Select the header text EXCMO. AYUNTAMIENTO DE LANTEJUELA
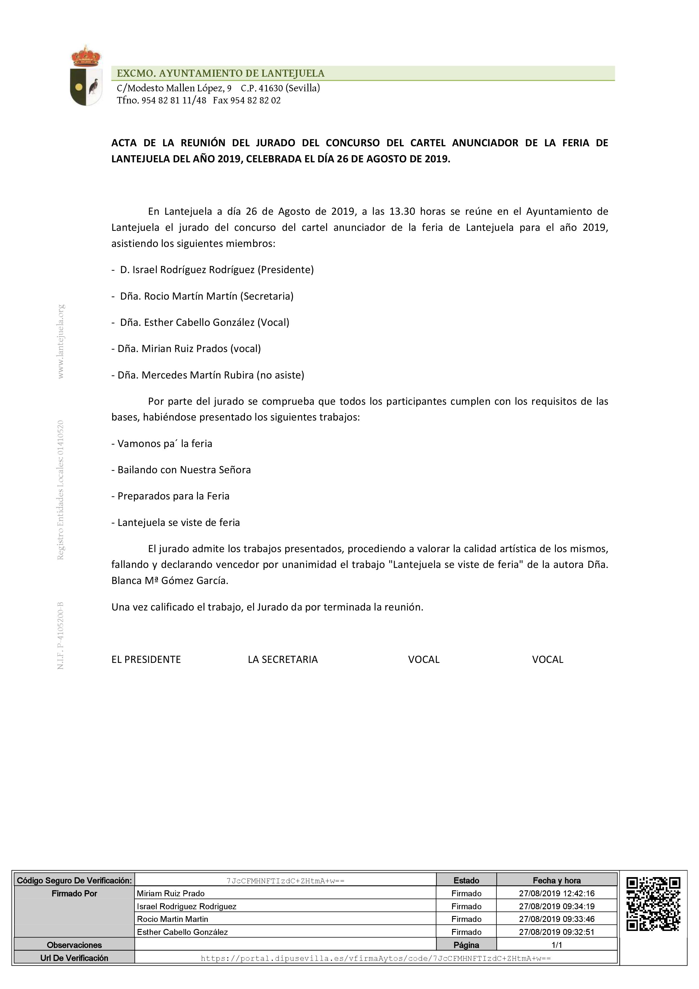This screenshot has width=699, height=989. [x=220, y=74]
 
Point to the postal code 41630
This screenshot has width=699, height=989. [x=271, y=88]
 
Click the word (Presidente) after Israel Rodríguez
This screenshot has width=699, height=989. [x=286, y=270]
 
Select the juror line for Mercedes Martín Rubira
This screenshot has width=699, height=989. [x=208, y=375]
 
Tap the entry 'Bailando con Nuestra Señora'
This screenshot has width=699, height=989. [x=181, y=470]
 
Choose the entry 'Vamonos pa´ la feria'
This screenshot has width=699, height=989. [x=162, y=444]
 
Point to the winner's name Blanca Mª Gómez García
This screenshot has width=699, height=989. [x=170, y=581]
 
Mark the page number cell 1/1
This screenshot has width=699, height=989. [x=556, y=945]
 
